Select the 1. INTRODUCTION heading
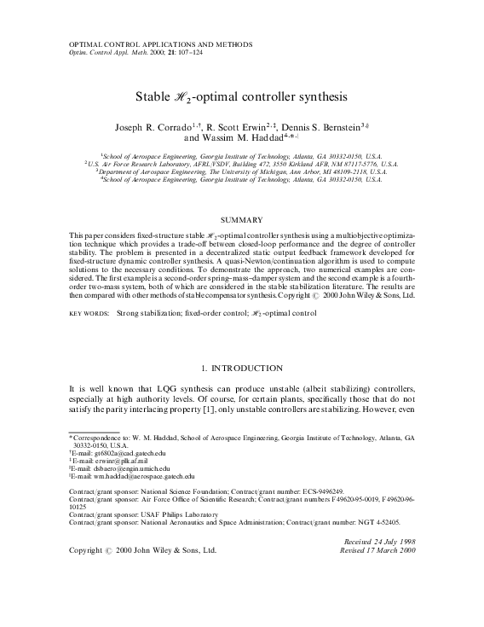(241, 368)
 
